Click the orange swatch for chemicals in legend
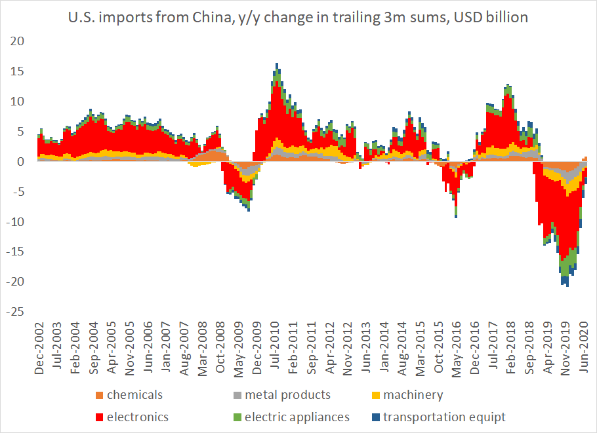[x=99, y=395]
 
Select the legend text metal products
[x=287, y=395]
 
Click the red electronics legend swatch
[x=99, y=417]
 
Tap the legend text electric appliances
[x=297, y=417]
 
